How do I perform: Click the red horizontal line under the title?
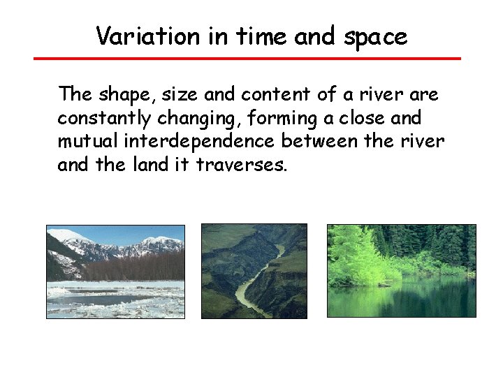247,59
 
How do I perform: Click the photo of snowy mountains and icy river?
115,272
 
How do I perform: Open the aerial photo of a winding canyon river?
254,271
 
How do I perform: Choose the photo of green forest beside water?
401,271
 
